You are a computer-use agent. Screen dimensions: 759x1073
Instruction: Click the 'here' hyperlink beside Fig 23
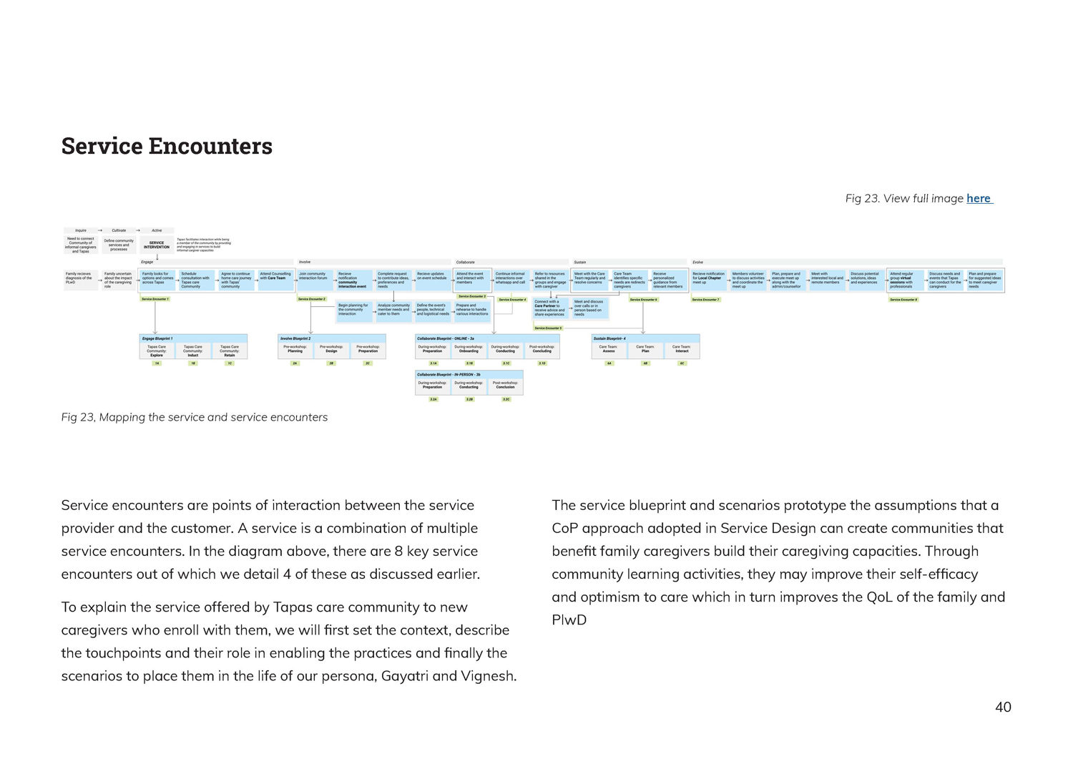(979, 198)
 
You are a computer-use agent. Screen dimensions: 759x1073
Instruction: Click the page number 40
(1003, 707)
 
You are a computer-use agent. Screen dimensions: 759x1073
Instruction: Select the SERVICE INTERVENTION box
(157, 245)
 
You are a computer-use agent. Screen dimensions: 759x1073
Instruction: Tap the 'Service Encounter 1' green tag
(155, 299)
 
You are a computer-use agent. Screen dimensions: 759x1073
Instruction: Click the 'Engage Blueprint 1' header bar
(193, 338)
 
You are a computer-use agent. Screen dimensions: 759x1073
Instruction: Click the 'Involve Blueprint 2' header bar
(331, 338)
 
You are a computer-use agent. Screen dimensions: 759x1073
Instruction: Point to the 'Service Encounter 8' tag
(903, 300)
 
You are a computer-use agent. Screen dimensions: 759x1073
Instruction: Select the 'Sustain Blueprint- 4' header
(645, 338)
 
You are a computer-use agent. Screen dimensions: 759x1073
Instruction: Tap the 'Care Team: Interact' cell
(682, 349)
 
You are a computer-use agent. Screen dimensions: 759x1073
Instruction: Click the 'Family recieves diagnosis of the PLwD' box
(79, 278)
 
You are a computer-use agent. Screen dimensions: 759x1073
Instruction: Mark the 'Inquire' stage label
(81, 230)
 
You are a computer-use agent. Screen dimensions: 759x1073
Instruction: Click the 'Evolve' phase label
(697, 262)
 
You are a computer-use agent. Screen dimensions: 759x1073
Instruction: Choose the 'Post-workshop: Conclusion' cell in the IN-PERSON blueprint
(505, 385)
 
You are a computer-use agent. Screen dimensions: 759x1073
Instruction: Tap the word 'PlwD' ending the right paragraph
(569, 620)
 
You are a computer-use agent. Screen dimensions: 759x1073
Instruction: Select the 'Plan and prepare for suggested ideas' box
(984, 280)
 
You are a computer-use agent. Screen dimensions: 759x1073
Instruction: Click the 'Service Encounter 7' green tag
(705, 300)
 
